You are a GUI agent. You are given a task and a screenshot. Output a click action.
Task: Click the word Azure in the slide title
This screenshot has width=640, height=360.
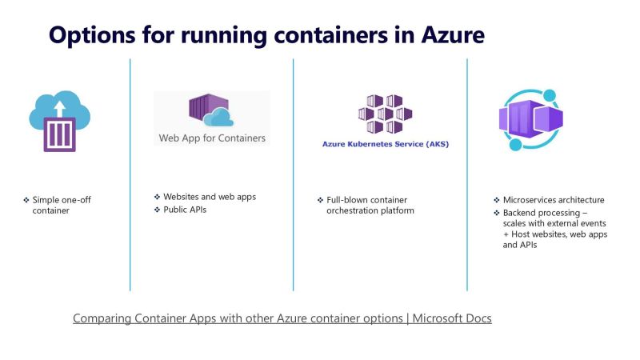pos(445,35)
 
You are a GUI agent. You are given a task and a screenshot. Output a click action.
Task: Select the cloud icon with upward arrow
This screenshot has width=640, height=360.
pos(61,120)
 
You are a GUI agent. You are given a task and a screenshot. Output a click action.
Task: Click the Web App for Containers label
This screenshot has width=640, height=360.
pos(212,138)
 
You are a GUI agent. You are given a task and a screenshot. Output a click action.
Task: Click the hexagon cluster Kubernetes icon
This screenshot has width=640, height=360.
pos(379,114)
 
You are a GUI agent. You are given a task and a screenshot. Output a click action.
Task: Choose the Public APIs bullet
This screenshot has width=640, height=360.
pos(190,210)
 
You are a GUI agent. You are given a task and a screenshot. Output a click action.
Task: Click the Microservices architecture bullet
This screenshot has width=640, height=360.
pos(554,200)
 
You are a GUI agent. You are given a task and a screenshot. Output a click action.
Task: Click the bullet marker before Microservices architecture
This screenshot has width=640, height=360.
pos(496,200)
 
